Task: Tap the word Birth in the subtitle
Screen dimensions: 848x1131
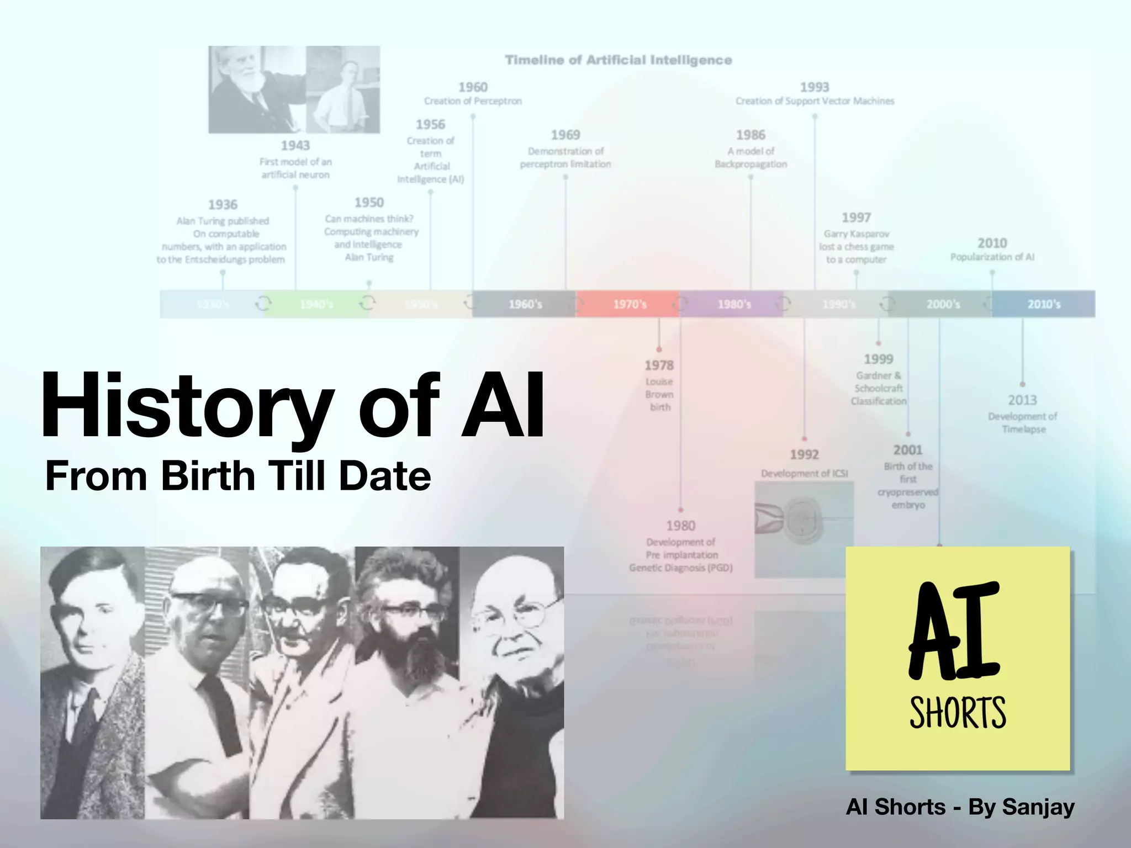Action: point(208,476)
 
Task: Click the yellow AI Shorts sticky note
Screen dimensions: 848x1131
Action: point(958,658)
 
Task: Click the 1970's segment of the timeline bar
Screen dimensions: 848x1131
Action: point(629,304)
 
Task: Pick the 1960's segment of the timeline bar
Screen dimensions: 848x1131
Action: point(525,304)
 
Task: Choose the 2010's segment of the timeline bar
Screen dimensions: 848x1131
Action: point(1043,304)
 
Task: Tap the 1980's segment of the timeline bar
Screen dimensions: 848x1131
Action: point(733,304)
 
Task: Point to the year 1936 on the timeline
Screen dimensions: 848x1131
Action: point(223,205)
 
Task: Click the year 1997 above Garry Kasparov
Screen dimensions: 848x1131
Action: point(856,218)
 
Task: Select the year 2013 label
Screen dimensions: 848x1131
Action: point(1022,400)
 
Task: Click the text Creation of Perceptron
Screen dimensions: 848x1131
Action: point(473,101)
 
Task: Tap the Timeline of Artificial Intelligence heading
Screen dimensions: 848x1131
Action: point(619,60)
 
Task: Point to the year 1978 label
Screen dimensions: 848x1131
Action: point(659,365)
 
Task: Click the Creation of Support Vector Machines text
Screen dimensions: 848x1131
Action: point(815,101)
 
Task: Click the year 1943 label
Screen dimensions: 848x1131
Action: point(295,146)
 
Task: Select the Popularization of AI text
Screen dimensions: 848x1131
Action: point(992,257)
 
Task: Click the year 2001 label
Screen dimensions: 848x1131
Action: point(908,451)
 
